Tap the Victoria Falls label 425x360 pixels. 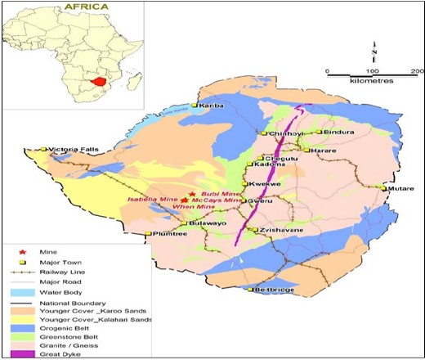(x=74, y=150)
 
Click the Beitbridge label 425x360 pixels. (x=275, y=290)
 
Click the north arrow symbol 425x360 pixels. (x=372, y=49)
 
